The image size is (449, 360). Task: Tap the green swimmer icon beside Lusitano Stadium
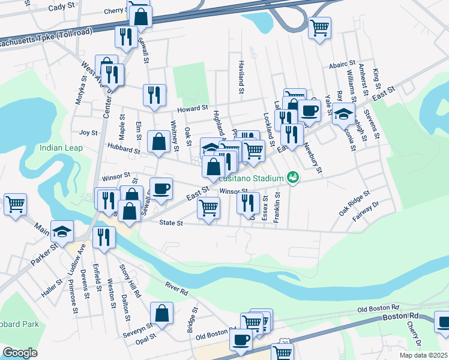(x=293, y=177)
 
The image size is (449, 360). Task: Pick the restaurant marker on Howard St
(x=154, y=95)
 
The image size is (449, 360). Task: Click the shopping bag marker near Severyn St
(x=161, y=313)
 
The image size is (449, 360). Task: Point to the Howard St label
(x=193, y=109)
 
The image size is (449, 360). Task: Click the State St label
(x=170, y=223)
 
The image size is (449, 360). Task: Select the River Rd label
(x=177, y=290)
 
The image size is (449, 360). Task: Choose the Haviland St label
(x=241, y=79)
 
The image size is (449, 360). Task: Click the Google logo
(x=20, y=353)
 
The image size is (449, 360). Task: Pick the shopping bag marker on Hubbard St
(x=159, y=142)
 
